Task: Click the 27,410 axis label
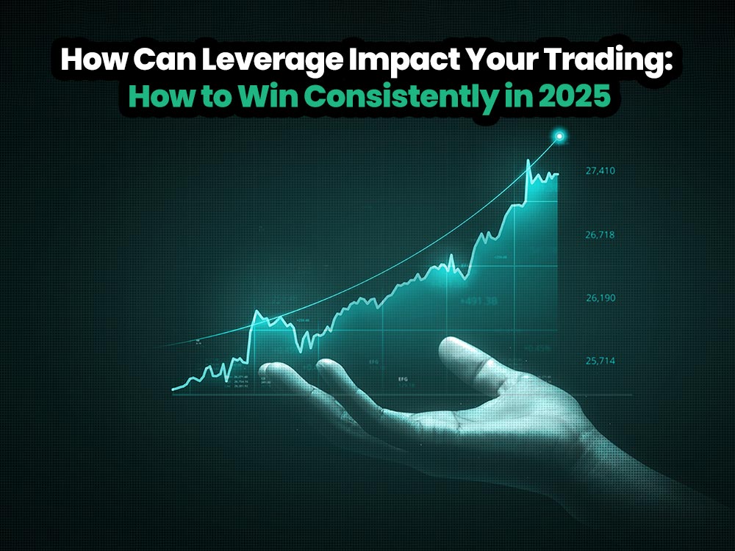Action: click(600, 171)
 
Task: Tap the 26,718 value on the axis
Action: click(600, 235)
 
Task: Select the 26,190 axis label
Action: click(600, 298)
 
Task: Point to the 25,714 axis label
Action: click(600, 361)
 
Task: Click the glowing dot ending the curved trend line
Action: click(561, 136)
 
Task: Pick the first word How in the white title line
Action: click(86, 60)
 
